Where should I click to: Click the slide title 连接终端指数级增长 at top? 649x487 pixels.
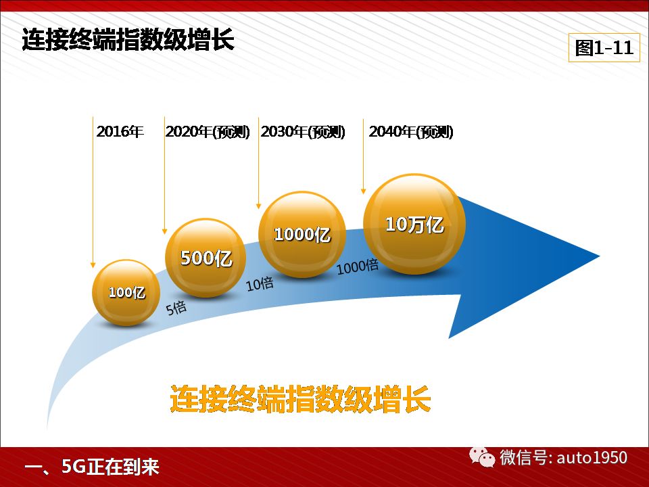(128, 40)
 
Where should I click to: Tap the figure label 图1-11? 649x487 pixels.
(604, 47)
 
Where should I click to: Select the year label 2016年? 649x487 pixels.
(120, 132)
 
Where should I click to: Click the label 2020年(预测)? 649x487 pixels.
(208, 132)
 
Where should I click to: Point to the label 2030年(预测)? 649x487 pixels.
(303, 132)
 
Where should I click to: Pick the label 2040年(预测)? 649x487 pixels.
(411, 132)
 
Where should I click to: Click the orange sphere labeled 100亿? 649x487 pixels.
(126, 292)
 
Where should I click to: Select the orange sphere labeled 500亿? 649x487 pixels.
(206, 258)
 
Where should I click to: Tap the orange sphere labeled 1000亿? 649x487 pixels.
(302, 234)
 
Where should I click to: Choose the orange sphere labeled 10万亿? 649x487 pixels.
(414, 224)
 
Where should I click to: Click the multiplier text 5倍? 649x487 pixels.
(176, 308)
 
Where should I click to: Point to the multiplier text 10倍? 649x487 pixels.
(260, 284)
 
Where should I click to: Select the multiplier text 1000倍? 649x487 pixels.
(358, 266)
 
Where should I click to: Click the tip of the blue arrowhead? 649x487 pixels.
(600, 256)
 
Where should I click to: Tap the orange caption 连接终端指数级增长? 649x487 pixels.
(300, 398)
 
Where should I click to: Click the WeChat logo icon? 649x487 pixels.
(482, 457)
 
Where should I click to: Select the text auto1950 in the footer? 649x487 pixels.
(592, 458)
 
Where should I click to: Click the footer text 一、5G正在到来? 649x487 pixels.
(92, 467)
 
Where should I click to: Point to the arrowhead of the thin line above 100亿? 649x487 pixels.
(93, 265)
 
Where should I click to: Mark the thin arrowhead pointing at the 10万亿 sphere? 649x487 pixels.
(364, 191)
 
